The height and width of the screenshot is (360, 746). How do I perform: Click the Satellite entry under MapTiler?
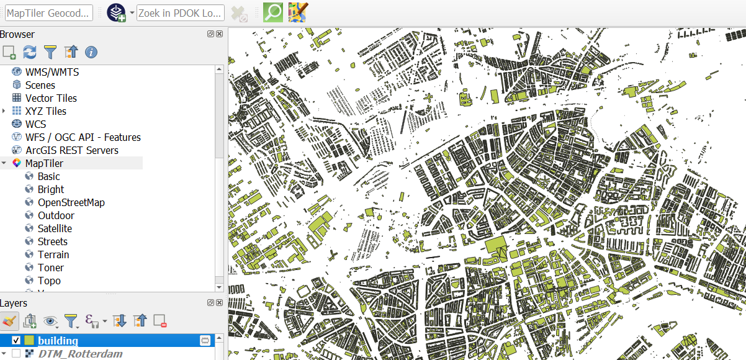[55, 228]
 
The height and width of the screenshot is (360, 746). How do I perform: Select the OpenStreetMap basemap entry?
[71, 202]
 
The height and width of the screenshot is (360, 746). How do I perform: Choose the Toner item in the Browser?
[50, 268]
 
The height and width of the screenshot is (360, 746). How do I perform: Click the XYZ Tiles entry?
[45, 111]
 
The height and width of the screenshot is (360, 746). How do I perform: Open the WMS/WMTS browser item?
[52, 72]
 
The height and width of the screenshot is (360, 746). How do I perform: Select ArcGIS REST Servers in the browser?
[71, 150]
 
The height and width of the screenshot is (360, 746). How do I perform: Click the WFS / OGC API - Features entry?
[83, 137]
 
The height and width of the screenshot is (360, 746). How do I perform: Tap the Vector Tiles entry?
[51, 98]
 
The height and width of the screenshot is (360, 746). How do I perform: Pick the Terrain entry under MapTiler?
[53, 254]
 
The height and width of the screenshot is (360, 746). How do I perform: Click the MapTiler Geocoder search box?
[49, 12]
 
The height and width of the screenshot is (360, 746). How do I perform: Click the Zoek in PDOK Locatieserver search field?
[180, 12]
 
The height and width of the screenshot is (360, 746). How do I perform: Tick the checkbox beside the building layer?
[17, 340]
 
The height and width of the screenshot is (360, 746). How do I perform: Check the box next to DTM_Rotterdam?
[17, 354]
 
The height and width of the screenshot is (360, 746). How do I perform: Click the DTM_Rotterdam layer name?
[80, 354]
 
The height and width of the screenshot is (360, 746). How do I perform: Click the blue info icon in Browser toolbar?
[91, 52]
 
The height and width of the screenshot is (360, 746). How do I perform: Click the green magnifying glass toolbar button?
[272, 12]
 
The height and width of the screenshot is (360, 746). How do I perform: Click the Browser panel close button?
[220, 34]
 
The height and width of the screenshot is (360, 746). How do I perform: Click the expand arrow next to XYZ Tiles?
[4, 111]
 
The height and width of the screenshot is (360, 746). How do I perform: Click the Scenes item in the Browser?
[40, 85]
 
